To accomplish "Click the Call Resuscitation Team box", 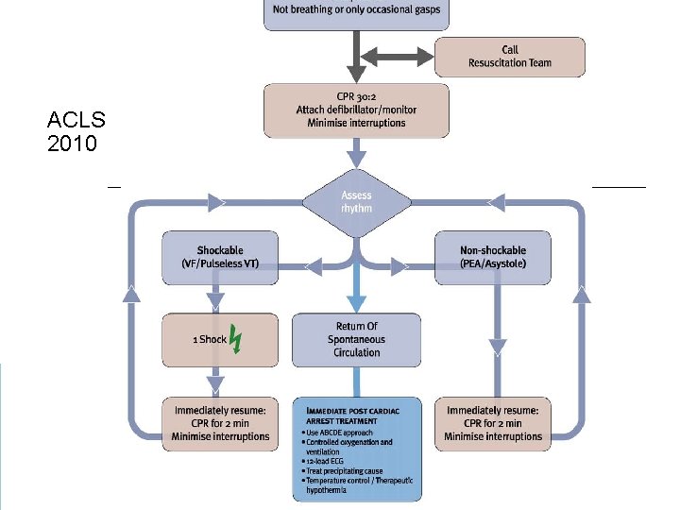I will coord(510,57).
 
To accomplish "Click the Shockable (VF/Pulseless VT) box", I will coord(220,258).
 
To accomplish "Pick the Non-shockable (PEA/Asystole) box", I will coord(492,258).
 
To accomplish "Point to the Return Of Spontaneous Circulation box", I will coord(356,340).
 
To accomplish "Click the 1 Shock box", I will coord(220,340).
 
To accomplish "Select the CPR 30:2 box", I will coord(356,110).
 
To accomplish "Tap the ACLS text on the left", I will coord(76,121).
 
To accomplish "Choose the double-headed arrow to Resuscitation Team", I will coord(395,57).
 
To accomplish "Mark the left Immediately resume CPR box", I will coord(220,423).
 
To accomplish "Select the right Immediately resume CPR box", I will coord(493,423).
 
